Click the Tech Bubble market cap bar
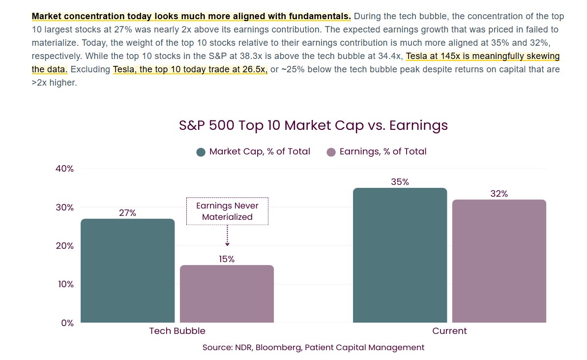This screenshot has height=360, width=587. coord(127,270)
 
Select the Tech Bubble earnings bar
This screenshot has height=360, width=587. coord(227,294)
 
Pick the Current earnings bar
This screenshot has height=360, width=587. coord(499,261)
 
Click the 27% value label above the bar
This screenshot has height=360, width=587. coord(127,213)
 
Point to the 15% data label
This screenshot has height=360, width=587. coord(227,259)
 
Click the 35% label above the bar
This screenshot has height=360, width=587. coord(400,182)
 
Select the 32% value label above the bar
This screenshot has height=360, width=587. coord(499,194)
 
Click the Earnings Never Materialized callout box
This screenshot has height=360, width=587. coord(227,211)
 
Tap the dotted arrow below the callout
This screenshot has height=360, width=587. coord(227,236)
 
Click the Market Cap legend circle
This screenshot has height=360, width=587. coord(201,152)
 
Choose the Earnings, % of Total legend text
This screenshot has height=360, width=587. coord(383,151)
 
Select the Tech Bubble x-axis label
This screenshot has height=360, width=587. coord(177,331)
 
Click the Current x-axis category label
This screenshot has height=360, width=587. coord(449,331)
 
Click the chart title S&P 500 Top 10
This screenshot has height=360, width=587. coord(313,125)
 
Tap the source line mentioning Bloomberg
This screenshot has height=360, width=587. coord(313,347)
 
